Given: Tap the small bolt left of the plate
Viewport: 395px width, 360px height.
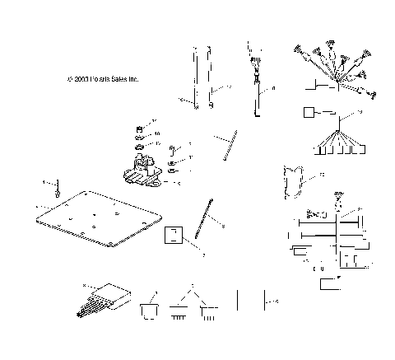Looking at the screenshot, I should click(58, 191).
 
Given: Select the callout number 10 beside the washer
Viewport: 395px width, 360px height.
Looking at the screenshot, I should click(157, 133).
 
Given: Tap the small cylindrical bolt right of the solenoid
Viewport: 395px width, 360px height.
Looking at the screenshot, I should click(172, 151).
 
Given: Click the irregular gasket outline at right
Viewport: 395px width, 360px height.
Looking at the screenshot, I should click(294, 183).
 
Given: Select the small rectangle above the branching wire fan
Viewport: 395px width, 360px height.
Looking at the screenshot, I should click(309, 111).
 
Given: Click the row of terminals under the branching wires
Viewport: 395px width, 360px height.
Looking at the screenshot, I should click(337, 150).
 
